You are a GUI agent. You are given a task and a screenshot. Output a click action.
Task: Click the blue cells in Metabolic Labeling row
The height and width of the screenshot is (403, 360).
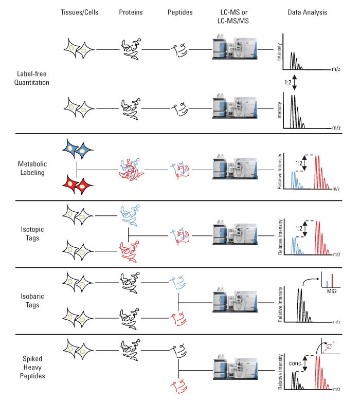point(78,151)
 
